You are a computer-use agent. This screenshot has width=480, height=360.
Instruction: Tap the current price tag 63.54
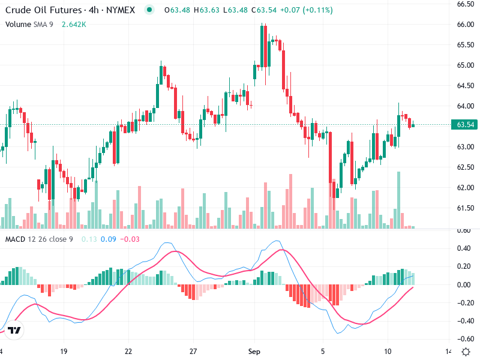point(466,125)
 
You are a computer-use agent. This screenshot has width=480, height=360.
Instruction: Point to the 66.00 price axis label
point(466,25)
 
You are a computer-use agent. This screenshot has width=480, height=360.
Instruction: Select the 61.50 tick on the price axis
point(466,208)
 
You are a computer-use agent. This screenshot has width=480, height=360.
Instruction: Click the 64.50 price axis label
point(466,86)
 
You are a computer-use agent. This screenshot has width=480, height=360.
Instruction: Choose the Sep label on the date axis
point(255,351)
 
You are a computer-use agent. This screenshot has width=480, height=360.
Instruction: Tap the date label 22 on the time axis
point(128,351)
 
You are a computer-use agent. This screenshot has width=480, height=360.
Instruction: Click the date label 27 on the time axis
point(193,351)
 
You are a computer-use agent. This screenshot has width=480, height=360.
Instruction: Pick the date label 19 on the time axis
point(63,351)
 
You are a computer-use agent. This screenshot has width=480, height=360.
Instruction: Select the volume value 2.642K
point(74,24)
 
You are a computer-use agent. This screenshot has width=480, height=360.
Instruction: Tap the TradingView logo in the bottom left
point(14,331)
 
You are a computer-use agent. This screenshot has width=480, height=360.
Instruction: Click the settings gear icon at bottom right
point(466,351)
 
